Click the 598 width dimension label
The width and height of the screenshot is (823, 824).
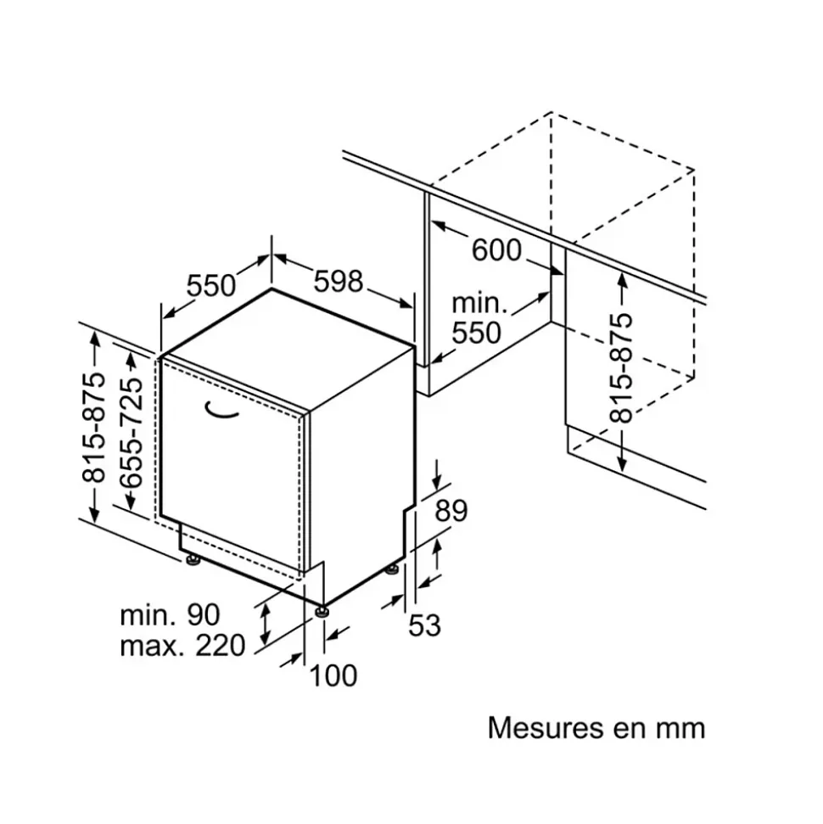tap(339, 281)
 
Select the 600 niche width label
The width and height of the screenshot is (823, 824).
tap(496, 250)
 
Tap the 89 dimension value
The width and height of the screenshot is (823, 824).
tap(451, 511)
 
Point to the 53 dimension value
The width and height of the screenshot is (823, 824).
tap(425, 625)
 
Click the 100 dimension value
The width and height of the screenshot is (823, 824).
tap(333, 675)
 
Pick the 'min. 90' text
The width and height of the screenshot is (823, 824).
tap(170, 614)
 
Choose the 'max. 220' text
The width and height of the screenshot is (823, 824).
tap(182, 647)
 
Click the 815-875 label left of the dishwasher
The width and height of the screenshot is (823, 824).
tap(94, 426)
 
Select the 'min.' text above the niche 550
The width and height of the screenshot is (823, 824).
tap(479, 303)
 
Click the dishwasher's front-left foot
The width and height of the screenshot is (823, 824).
tap(193, 558)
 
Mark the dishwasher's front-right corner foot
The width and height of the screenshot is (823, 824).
tap(321, 608)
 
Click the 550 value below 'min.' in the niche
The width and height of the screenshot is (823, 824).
tap(476, 333)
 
